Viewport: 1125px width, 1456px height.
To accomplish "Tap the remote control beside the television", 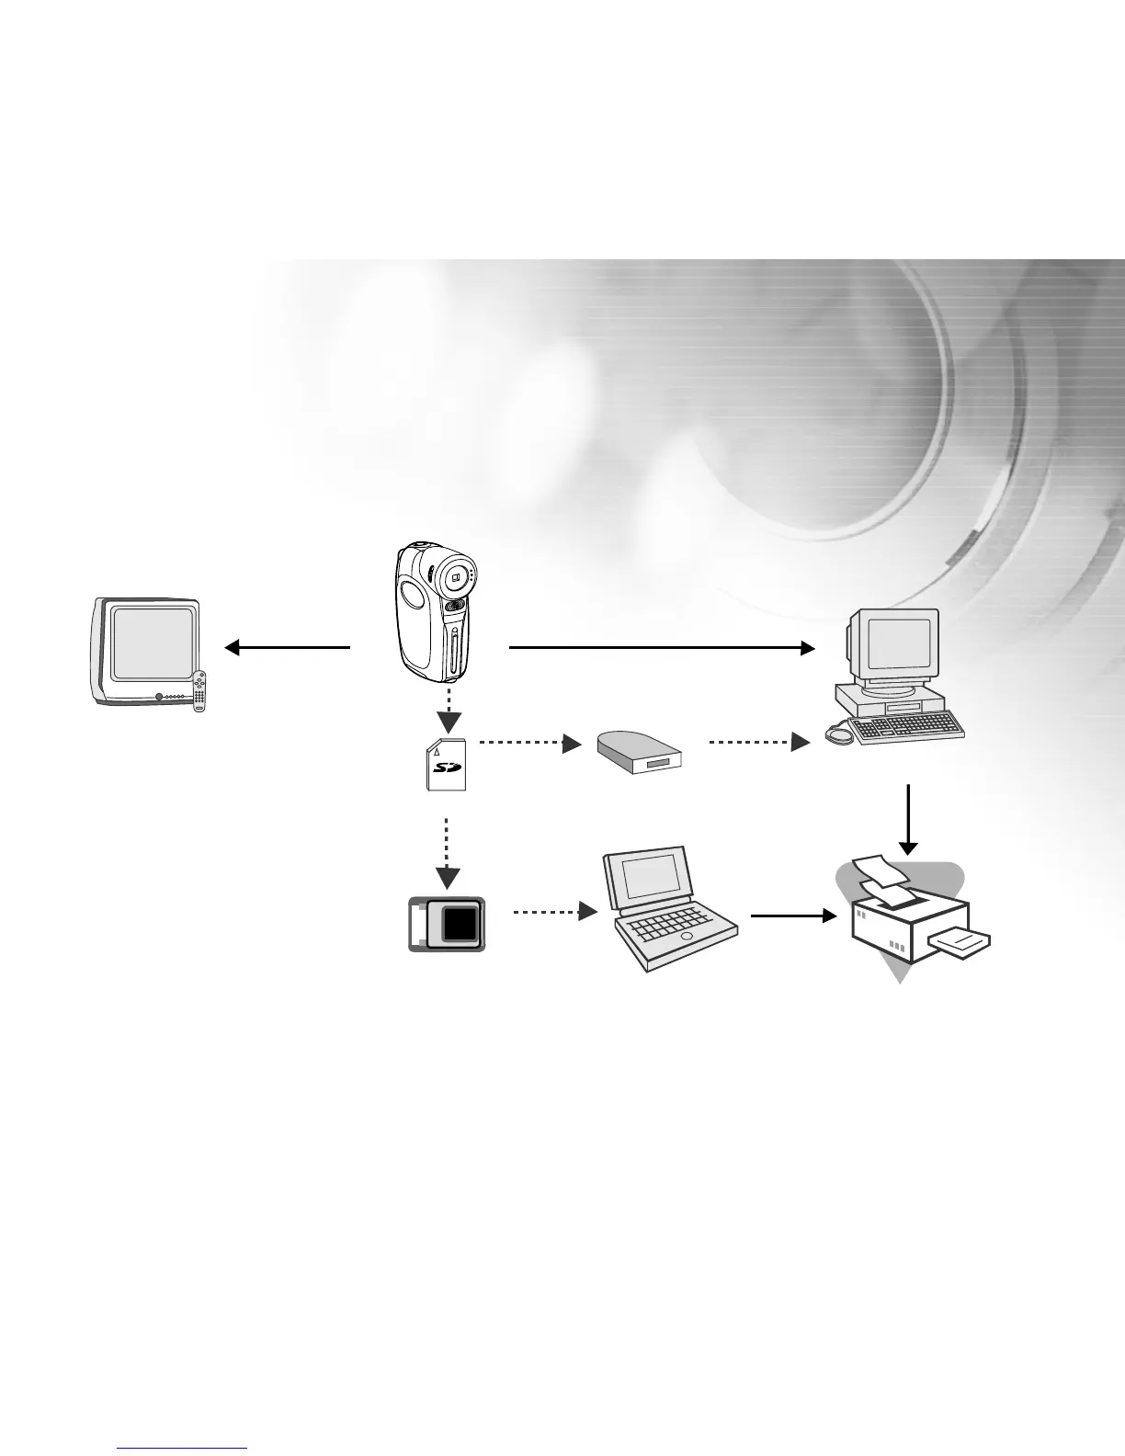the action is click(199, 691).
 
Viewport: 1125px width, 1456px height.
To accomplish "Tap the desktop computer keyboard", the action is click(905, 728).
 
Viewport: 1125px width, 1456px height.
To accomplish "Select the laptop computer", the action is click(666, 910).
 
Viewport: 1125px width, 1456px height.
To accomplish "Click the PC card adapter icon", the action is click(447, 923).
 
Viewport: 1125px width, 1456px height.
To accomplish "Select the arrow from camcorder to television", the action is click(287, 648).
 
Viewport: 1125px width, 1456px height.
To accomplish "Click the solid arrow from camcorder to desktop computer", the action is click(662, 648).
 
